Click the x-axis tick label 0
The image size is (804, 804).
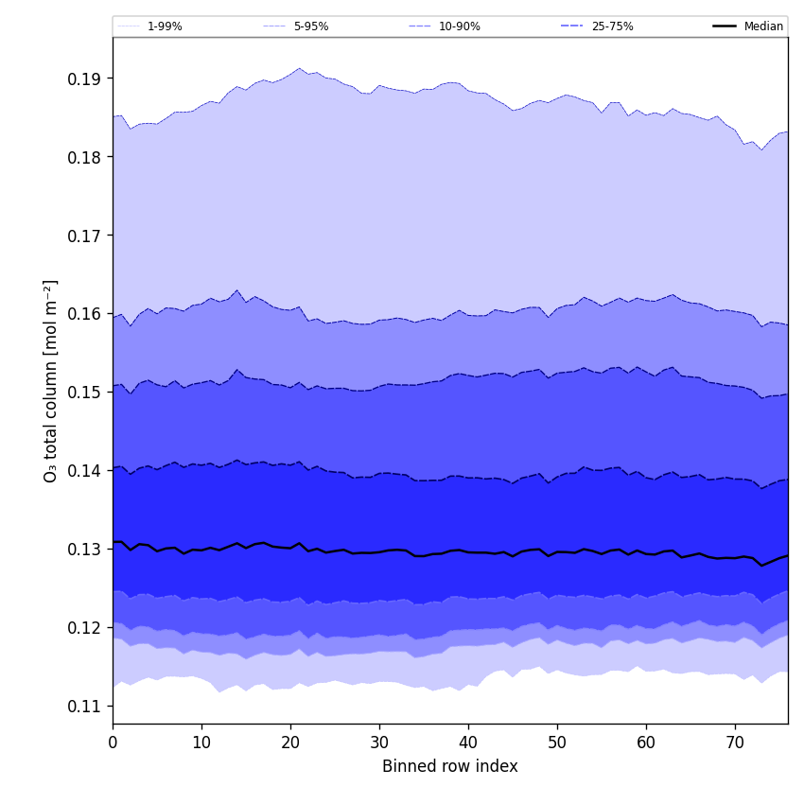pos(113,743)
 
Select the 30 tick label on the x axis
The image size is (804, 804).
pos(379,743)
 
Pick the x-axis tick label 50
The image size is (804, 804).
pos(557,743)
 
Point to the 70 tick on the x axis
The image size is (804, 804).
pos(735,743)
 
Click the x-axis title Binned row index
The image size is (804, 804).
pos(450,767)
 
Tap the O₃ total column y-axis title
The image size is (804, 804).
pos(51,380)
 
